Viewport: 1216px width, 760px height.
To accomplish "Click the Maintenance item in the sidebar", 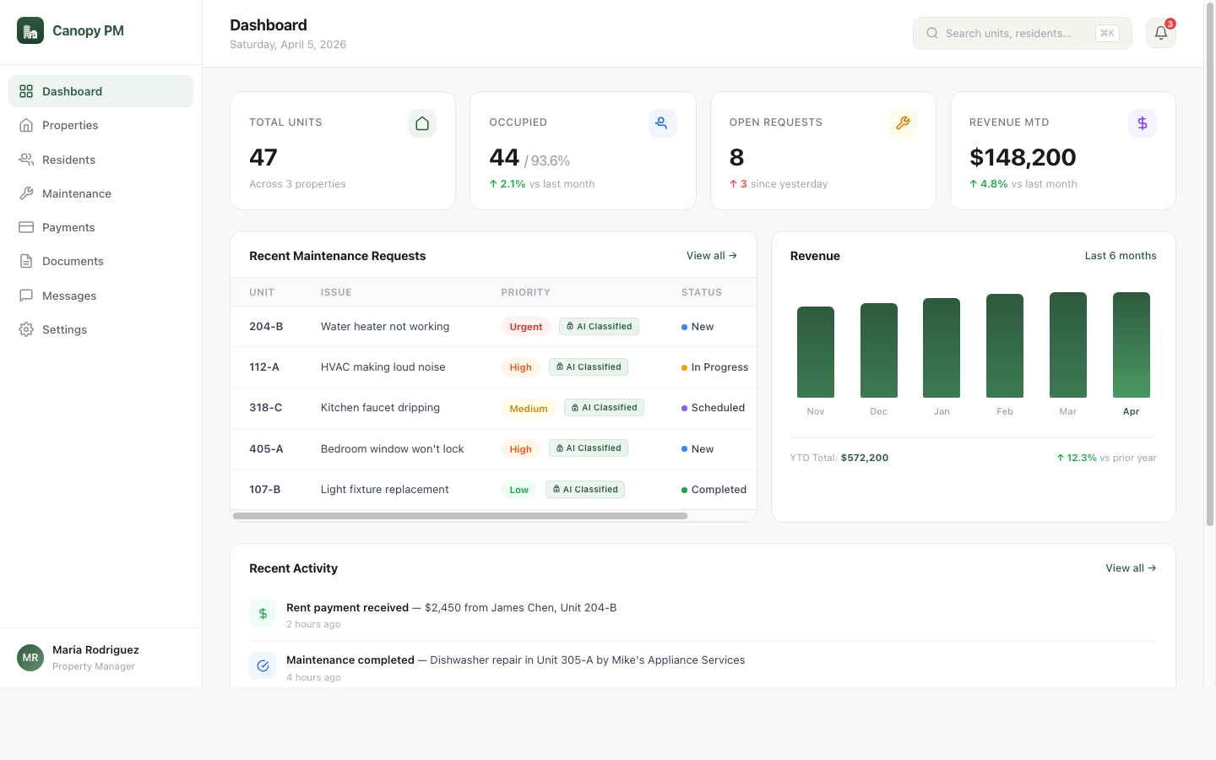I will point(76,193).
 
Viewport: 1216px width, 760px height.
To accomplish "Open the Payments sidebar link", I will point(68,227).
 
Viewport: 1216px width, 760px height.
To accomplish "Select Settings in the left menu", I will point(64,329).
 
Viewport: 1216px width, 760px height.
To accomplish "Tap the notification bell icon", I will point(1160,33).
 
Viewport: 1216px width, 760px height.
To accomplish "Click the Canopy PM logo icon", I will point(30,30).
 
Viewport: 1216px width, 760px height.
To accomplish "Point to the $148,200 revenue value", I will point(1022,157).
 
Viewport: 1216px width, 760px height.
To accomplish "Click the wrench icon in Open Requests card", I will point(902,123).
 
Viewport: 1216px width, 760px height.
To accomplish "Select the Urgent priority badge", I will point(525,327).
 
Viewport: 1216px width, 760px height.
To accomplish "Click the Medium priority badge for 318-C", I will point(529,409).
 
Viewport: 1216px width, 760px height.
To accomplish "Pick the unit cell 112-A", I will point(264,367).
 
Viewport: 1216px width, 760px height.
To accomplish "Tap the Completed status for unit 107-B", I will point(718,490).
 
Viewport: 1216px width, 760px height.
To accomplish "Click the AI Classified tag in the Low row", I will point(585,490).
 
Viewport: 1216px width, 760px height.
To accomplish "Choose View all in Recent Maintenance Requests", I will point(711,256).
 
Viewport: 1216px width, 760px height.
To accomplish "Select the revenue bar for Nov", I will point(815,352).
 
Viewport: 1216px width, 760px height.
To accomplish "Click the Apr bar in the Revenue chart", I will point(1131,345).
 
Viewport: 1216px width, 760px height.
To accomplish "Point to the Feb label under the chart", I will point(1004,411).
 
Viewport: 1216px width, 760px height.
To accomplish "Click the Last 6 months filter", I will point(1120,256).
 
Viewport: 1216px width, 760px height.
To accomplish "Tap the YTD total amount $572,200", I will point(864,458).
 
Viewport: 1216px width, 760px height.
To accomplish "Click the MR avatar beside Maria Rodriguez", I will point(30,658).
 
